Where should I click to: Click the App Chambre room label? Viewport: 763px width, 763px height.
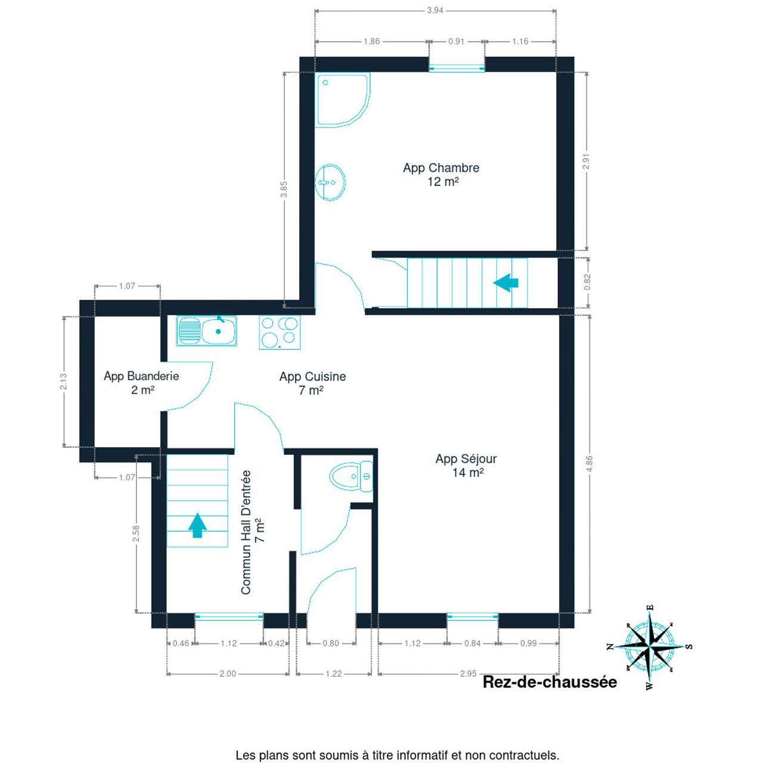[441, 174]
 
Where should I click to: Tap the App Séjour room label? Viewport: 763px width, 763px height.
[466, 465]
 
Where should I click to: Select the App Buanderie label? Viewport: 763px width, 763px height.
[141, 383]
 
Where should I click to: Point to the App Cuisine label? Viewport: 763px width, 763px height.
[312, 383]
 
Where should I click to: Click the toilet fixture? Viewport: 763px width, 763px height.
[351, 476]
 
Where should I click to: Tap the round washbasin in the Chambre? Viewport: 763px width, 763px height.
[330, 182]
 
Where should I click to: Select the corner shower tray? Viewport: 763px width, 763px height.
[343, 100]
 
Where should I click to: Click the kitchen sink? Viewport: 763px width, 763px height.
[206, 331]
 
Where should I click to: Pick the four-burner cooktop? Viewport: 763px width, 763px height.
[280, 332]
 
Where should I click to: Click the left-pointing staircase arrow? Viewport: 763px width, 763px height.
[505, 283]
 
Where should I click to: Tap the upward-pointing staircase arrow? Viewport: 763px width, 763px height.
[197, 525]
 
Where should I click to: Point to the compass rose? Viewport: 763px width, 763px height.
[650, 647]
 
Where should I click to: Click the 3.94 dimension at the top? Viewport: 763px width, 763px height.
[435, 11]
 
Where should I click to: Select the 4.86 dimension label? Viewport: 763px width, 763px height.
[590, 464]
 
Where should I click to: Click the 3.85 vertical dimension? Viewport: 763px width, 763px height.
[284, 190]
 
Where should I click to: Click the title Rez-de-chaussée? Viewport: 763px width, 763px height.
[550, 682]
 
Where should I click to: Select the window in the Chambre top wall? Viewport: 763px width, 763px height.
[457, 68]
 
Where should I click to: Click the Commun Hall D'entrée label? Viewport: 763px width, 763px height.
[252, 532]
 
